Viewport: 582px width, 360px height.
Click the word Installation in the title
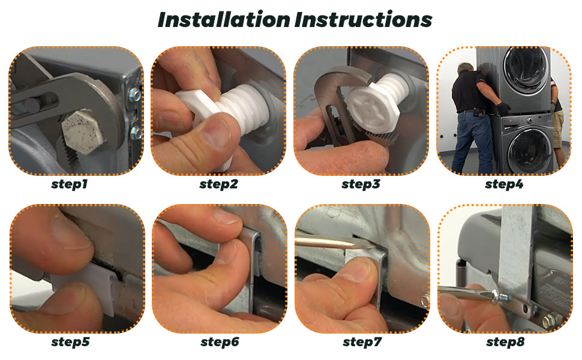[x=224, y=20]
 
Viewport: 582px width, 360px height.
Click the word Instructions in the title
[x=364, y=20]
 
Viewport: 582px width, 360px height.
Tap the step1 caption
[x=70, y=184]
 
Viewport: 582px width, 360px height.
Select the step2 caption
[x=218, y=184]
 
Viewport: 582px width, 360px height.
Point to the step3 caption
[x=361, y=184]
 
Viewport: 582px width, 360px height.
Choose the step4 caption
[x=504, y=184]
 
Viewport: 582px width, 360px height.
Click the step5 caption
[x=71, y=342]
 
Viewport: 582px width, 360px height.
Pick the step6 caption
[x=220, y=342]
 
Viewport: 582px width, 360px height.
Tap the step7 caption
[x=362, y=342]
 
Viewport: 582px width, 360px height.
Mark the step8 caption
[x=505, y=342]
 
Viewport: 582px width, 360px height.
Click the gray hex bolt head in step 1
[x=80, y=131]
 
